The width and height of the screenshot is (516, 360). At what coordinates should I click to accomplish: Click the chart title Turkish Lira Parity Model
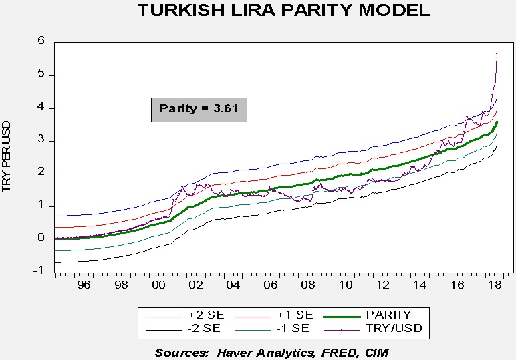(x=283, y=11)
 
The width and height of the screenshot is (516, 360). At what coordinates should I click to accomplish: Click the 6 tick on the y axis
(x=41, y=41)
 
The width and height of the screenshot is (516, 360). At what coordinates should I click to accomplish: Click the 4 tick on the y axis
(x=41, y=108)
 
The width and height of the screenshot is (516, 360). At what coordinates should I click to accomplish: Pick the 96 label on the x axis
(x=84, y=285)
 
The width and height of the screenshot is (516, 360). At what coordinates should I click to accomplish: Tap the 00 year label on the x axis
(x=158, y=285)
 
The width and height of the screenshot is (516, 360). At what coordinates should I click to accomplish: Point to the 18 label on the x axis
(x=495, y=285)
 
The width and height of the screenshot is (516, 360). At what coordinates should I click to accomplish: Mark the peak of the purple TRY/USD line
(x=497, y=53)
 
